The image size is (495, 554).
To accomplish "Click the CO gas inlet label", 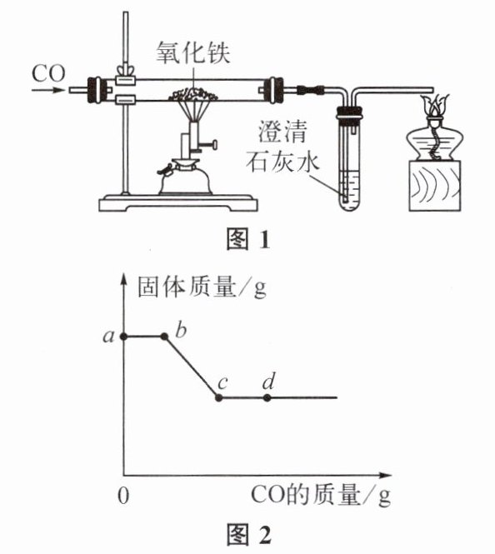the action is click(48, 73).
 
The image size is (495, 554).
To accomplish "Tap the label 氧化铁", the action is click(192, 53).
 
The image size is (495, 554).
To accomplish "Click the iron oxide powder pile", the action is click(193, 94).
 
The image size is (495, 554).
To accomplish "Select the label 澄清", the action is click(282, 132).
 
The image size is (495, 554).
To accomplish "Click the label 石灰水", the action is click(282, 163).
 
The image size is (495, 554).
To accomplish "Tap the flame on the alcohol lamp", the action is click(434, 104).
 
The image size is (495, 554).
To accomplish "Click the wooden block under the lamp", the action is click(435, 186).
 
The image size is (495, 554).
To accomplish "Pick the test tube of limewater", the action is click(348, 163).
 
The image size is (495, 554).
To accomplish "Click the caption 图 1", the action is click(248, 240).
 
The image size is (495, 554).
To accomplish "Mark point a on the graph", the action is click(123, 337).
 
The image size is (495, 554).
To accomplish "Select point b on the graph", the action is click(164, 337).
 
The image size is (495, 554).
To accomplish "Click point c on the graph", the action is click(219, 398).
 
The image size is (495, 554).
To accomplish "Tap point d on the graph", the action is click(267, 398).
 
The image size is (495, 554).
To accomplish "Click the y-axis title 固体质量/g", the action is click(202, 287).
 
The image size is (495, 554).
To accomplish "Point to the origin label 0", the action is click(123, 496).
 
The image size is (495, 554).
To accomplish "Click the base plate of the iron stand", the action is click(178, 203).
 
